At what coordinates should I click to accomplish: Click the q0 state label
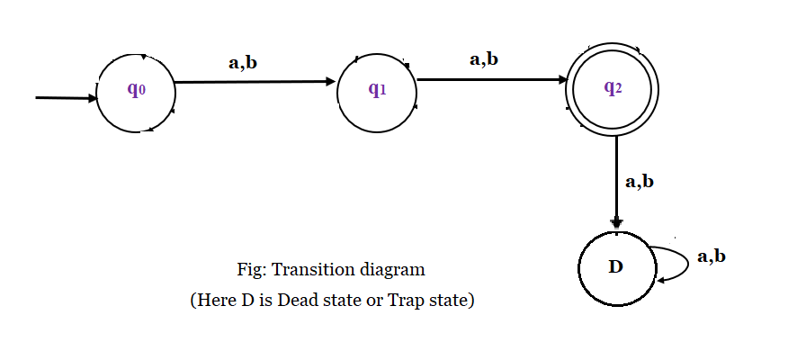pos(135,90)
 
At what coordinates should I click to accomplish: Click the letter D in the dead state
pos(616,268)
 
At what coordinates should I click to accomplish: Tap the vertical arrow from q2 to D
pos(616,180)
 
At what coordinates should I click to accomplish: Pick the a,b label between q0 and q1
pos(243,62)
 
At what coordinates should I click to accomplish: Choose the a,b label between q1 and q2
pos(484,59)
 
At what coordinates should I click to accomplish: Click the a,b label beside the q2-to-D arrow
pos(640,181)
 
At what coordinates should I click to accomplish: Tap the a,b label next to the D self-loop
pos(712,256)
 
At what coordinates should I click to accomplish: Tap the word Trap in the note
pos(406,301)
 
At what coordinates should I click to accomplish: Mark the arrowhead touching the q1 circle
pos(330,82)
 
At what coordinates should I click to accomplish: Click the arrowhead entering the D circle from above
pos(616,222)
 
